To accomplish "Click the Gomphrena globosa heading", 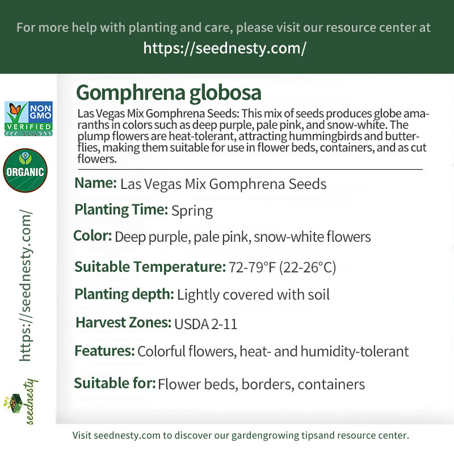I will [x=169, y=93].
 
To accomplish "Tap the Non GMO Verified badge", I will [x=28, y=119].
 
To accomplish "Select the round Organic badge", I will [x=25, y=170].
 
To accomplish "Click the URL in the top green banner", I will [x=225, y=48].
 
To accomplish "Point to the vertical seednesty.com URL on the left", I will [x=26, y=285].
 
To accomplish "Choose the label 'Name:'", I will [x=95, y=183].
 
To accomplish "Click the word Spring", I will [x=192, y=211].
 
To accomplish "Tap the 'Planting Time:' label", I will [x=121, y=209].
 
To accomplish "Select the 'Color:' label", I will [x=93, y=236].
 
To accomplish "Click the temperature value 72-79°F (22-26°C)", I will [x=282, y=267].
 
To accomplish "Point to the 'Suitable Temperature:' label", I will [x=149, y=266].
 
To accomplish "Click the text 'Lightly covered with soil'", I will [x=253, y=295].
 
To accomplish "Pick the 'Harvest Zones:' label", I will [x=123, y=323].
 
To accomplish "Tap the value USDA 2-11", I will [x=205, y=324].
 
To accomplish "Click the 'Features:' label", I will [x=104, y=351].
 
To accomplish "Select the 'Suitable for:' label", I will [x=115, y=383].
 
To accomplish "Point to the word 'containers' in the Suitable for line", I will [x=331, y=384].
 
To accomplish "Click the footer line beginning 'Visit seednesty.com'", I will [x=241, y=436].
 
